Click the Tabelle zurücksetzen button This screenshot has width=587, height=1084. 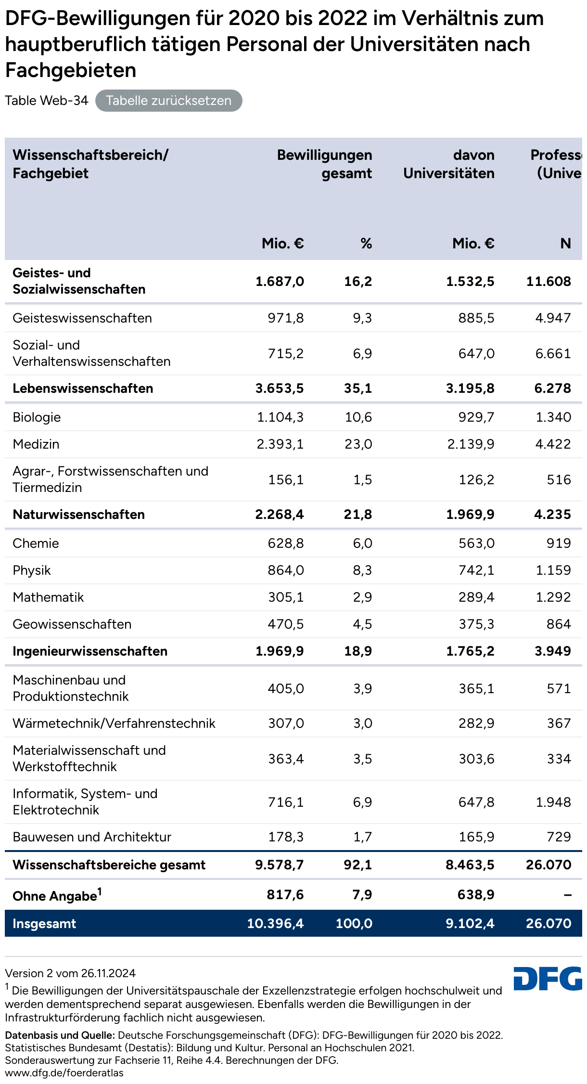click(168, 101)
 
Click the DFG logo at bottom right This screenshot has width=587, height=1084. click(548, 978)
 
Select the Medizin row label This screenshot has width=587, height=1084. click(36, 444)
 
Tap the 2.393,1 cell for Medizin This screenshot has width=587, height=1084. click(280, 444)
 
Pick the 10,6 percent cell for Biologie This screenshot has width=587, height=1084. click(358, 417)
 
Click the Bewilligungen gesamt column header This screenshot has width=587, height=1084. click(324, 164)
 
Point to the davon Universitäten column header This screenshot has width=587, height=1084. click(448, 164)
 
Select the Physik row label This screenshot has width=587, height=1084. click(32, 570)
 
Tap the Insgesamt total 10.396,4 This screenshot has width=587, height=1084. click(275, 923)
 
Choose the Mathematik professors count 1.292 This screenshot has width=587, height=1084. click(553, 597)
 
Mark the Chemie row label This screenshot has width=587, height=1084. click(36, 543)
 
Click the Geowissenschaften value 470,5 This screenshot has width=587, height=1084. click(286, 624)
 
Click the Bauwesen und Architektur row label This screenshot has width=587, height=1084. click(92, 837)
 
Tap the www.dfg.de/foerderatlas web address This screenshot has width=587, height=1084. click(64, 1073)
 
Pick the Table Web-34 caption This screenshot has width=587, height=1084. click(47, 101)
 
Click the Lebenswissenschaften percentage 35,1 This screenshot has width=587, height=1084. click(358, 388)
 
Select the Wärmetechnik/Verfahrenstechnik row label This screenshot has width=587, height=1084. click(114, 723)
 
